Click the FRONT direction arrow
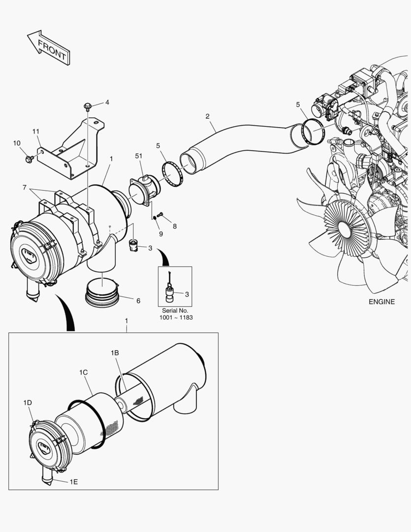[x=48, y=48]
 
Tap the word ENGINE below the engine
[x=381, y=302]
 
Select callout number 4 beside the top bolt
[x=107, y=102]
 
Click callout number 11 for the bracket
[x=36, y=132]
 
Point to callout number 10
[x=17, y=143]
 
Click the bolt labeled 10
[x=28, y=159]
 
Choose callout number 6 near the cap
[x=138, y=300]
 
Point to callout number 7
[x=24, y=188]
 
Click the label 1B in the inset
[x=115, y=353]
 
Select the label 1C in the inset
[x=83, y=372]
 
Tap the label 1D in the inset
[x=28, y=402]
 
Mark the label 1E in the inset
[x=73, y=481]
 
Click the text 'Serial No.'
[x=175, y=311]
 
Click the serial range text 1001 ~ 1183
[x=175, y=318]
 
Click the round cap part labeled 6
[x=102, y=294]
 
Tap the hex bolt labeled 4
[x=88, y=106]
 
